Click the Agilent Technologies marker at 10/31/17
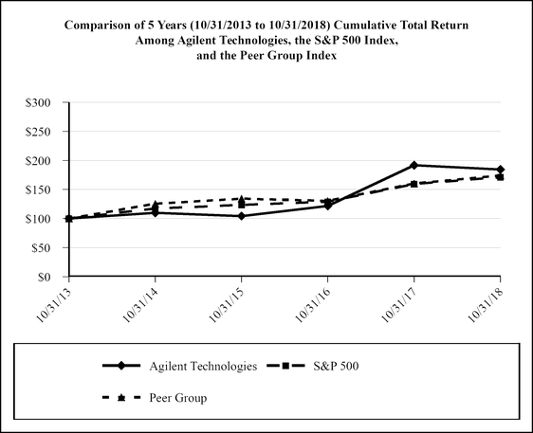pos(414,165)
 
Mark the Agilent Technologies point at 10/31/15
pos(242,216)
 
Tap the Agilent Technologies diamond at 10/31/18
pos(501,170)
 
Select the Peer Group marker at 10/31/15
pos(242,198)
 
